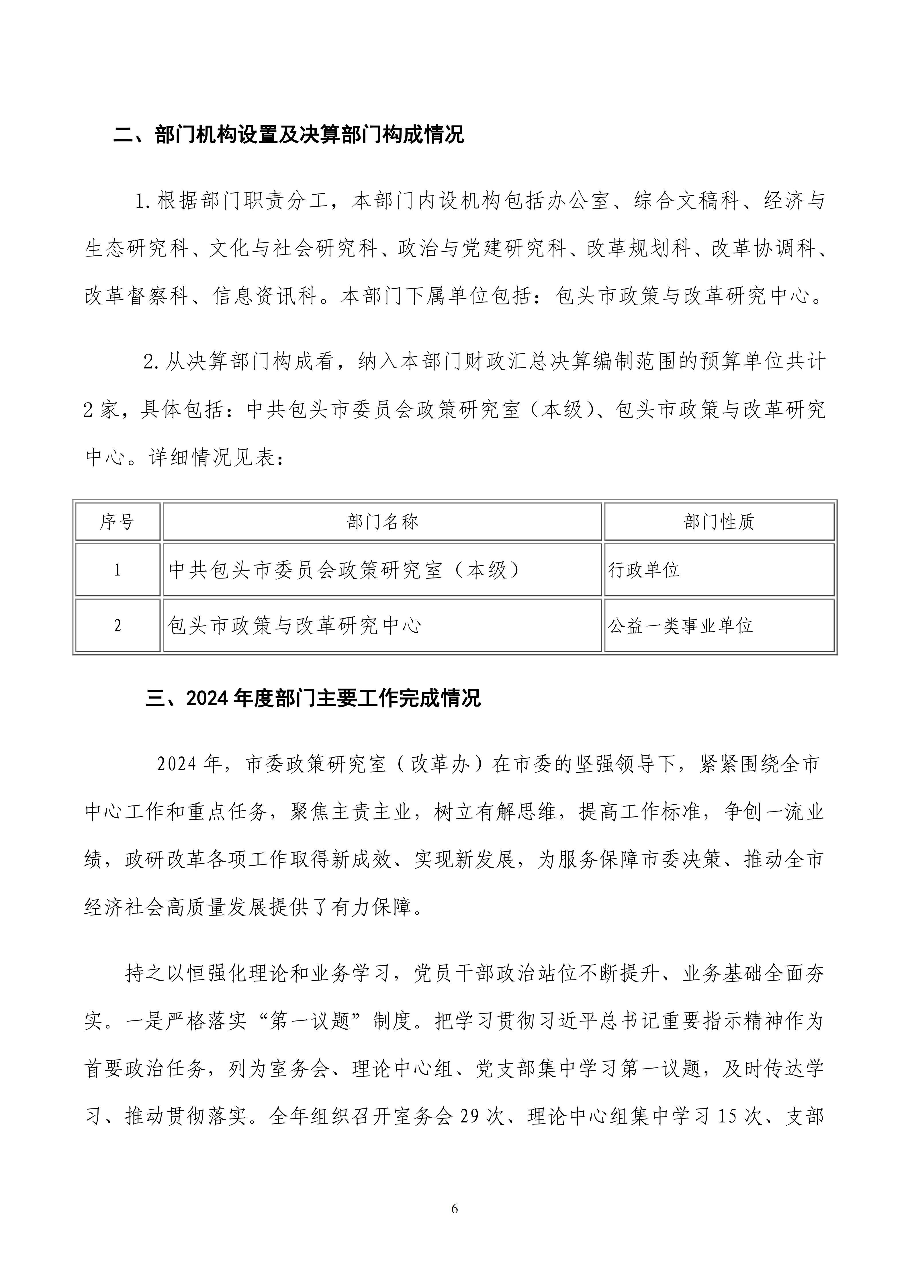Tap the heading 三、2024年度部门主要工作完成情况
click(313, 699)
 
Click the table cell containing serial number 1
click(117, 570)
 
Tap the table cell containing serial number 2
click(117, 625)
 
